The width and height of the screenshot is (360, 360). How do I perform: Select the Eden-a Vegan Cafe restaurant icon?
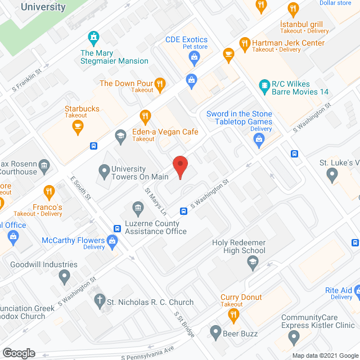pyautogui.click(x=146, y=117)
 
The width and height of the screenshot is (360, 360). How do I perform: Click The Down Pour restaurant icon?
pyautogui.click(x=160, y=84)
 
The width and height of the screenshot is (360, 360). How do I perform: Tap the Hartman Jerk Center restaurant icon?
pyautogui.click(x=244, y=43)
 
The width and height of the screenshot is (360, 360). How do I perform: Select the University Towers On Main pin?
pyautogui.click(x=104, y=169)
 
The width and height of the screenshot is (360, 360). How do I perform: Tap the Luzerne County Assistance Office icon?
pyautogui.click(x=138, y=210)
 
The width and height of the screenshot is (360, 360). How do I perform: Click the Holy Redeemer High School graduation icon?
pyautogui.click(x=253, y=263)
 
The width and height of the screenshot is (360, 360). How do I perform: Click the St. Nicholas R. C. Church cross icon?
pyautogui.click(x=99, y=301)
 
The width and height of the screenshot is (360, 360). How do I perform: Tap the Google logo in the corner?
pyautogui.click(x=18, y=353)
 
